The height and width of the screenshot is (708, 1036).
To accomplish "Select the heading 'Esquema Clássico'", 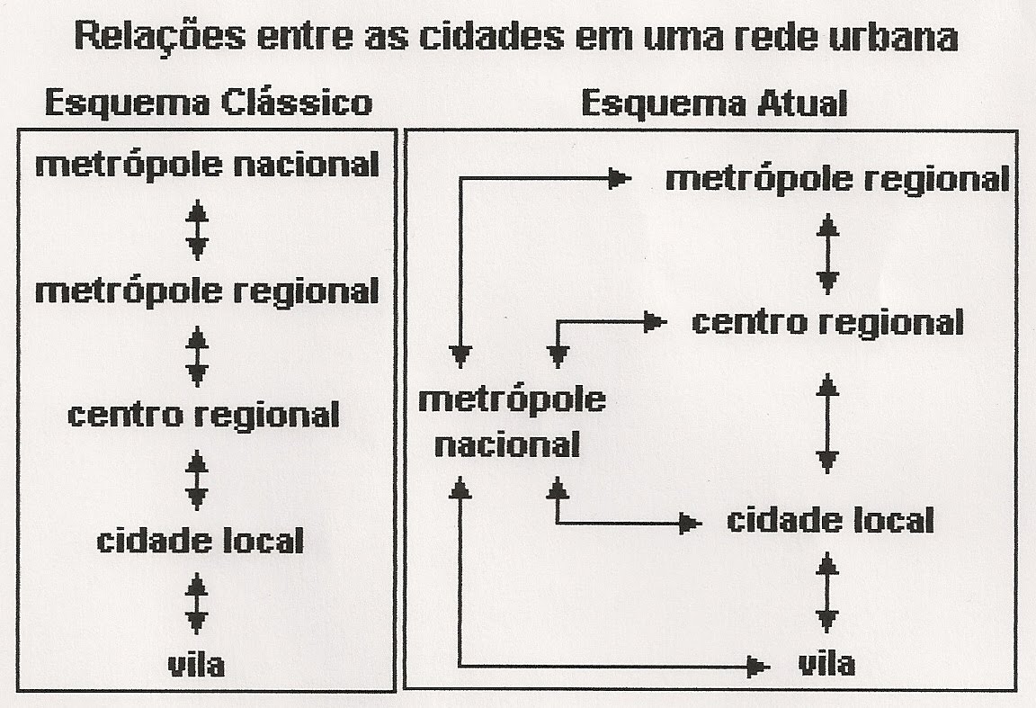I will click(208, 103).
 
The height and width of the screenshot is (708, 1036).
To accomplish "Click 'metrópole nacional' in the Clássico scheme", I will click(207, 166).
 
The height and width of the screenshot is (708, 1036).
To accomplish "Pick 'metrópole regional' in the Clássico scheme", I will click(207, 291).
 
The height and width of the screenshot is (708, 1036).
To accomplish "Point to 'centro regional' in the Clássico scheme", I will click(204, 416).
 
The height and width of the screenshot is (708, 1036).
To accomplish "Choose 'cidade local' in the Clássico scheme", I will click(201, 542).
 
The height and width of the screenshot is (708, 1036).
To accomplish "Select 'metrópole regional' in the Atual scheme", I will click(836, 179).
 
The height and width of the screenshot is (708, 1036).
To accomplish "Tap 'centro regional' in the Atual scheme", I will click(827, 322).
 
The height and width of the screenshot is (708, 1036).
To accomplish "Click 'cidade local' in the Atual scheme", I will click(830, 520).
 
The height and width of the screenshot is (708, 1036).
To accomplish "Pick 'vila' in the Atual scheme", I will click(826, 664).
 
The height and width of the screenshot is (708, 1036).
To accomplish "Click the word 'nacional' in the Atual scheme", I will click(507, 444).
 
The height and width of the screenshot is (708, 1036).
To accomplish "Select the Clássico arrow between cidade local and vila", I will click(197, 604).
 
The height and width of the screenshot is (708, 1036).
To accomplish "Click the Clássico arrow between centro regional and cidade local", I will click(197, 479).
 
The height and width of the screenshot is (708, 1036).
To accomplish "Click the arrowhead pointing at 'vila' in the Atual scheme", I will click(758, 666).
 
